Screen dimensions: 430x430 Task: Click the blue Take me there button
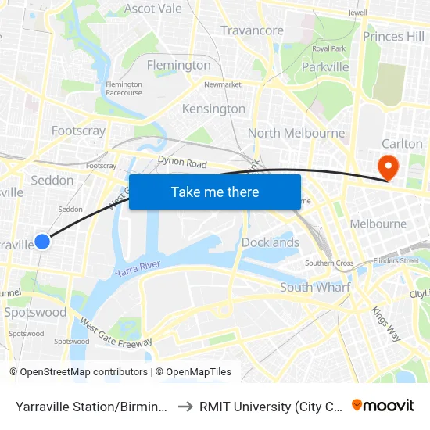coord(215,192)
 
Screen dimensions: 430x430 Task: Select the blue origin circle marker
coord(42,242)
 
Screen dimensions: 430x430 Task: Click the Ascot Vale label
coord(153,9)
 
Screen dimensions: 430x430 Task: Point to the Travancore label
coord(252,30)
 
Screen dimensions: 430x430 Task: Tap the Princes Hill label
coord(393,36)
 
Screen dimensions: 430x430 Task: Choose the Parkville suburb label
coord(325,67)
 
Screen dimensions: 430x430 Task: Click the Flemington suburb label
coord(179,65)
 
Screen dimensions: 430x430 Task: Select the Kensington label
coord(213,109)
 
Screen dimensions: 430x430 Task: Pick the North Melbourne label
coord(296,133)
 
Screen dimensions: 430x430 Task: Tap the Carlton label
coord(402,144)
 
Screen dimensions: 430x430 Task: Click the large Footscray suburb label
coord(78,131)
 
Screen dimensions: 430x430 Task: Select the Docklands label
coord(271,242)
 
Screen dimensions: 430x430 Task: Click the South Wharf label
coord(315,288)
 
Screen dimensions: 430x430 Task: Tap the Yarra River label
coord(138,269)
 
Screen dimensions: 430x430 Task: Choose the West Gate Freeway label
coord(116,331)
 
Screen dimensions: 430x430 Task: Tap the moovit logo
coord(383,405)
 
